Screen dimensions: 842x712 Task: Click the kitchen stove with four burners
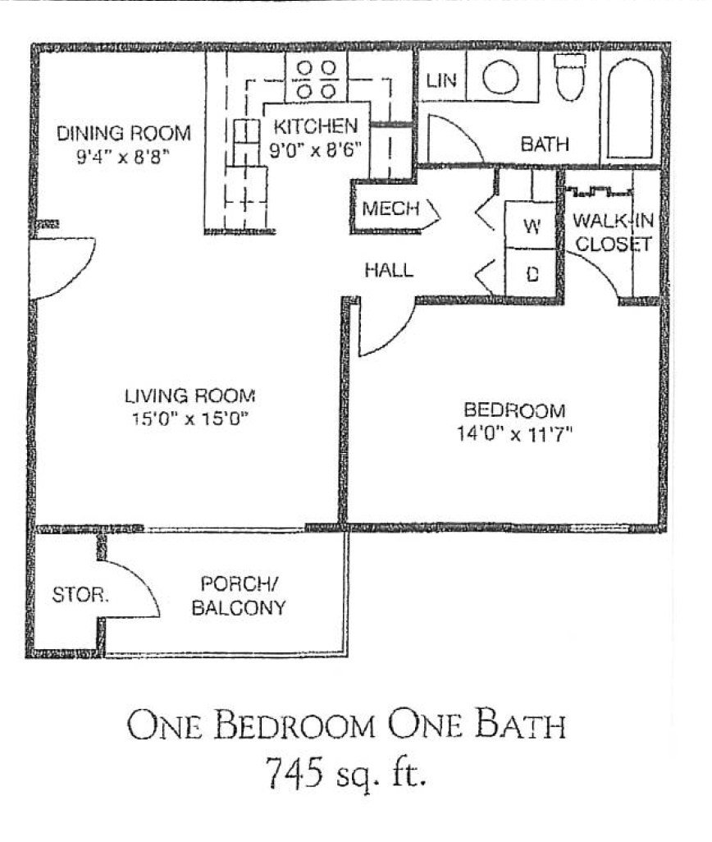(316, 78)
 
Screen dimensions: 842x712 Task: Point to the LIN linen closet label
(440, 80)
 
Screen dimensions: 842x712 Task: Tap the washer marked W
(531, 227)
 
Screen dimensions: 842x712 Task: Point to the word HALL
(389, 270)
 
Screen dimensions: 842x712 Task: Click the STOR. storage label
(80, 595)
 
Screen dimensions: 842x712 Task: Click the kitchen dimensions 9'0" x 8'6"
(316, 149)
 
